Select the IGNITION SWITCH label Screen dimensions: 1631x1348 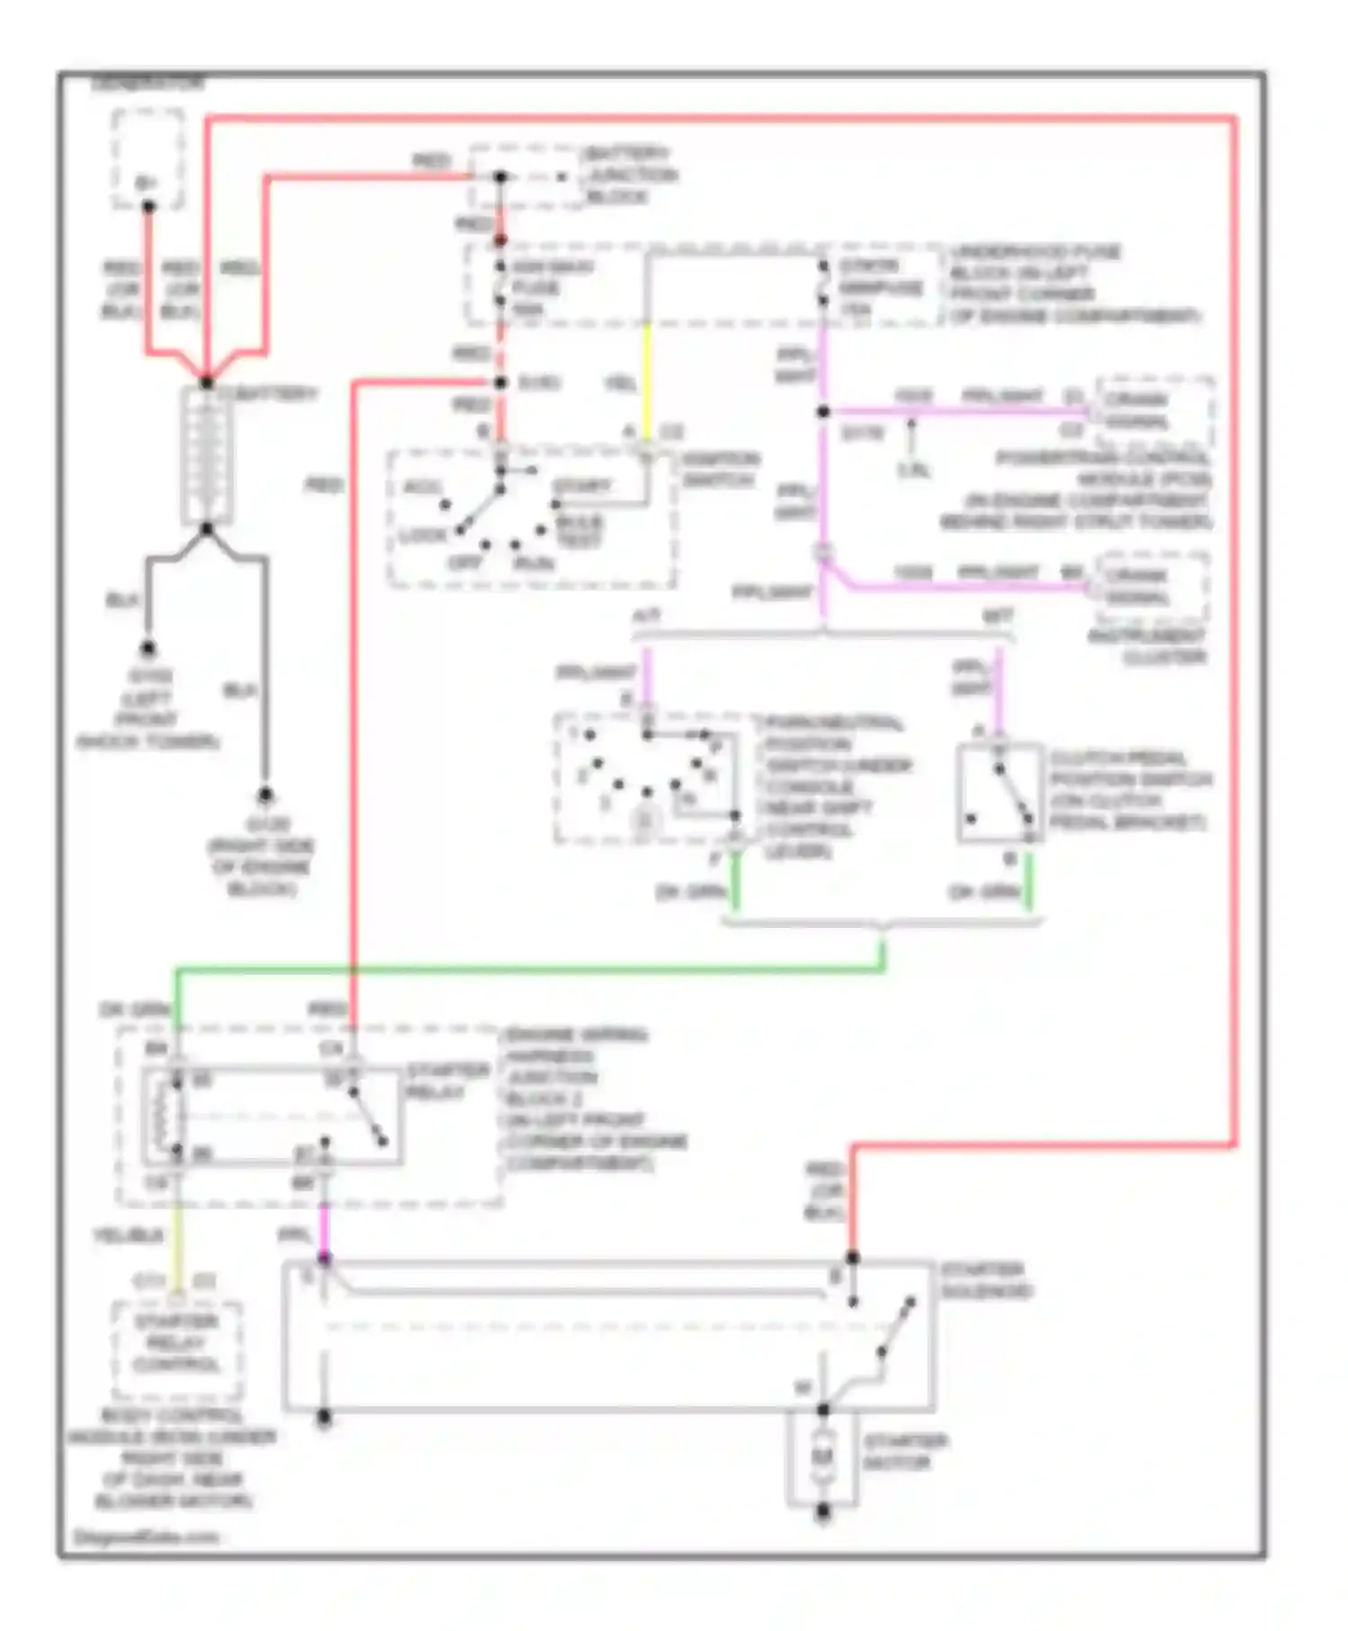tap(720, 469)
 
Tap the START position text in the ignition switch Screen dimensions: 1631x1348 tap(581, 486)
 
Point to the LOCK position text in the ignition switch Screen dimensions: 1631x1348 tap(422, 536)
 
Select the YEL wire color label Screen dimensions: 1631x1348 tap(620, 384)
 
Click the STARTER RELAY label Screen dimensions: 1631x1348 tap(447, 1081)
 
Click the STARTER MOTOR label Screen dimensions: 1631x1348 tap(905, 1452)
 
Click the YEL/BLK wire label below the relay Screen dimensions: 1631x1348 tap(129, 1236)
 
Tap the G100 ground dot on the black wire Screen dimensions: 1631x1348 tap(147, 648)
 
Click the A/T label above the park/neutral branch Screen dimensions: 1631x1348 tap(646, 618)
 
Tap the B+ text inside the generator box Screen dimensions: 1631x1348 tap(146, 183)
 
